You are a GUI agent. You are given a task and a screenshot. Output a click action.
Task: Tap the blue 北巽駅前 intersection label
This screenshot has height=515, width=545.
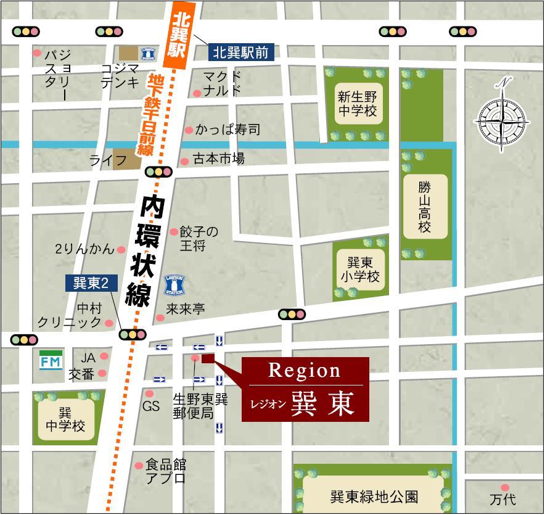tap(241, 52)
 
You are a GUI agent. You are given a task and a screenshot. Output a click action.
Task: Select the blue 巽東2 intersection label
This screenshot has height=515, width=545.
tap(91, 283)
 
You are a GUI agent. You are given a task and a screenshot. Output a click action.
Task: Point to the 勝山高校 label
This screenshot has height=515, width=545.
tap(425, 207)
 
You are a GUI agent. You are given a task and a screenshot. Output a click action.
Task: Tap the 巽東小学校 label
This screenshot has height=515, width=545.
tap(359, 270)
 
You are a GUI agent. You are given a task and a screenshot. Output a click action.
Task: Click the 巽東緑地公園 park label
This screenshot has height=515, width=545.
tap(374, 496)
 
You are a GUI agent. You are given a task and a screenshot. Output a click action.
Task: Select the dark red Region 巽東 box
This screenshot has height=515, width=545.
tap(305, 389)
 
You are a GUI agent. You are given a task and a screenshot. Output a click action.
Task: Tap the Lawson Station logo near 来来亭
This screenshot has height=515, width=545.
tap(175, 286)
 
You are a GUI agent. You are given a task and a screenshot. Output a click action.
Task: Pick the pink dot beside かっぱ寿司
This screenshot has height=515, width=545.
tap(188, 130)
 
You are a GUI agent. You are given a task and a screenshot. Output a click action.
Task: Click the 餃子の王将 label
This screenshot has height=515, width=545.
tap(199, 239)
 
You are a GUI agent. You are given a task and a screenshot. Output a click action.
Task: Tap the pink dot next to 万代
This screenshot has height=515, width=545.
tap(505, 488)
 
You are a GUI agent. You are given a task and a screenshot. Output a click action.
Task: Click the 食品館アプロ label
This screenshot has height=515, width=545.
tap(165, 471)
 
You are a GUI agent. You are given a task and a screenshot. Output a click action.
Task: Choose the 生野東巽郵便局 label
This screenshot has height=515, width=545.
tap(200, 406)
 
